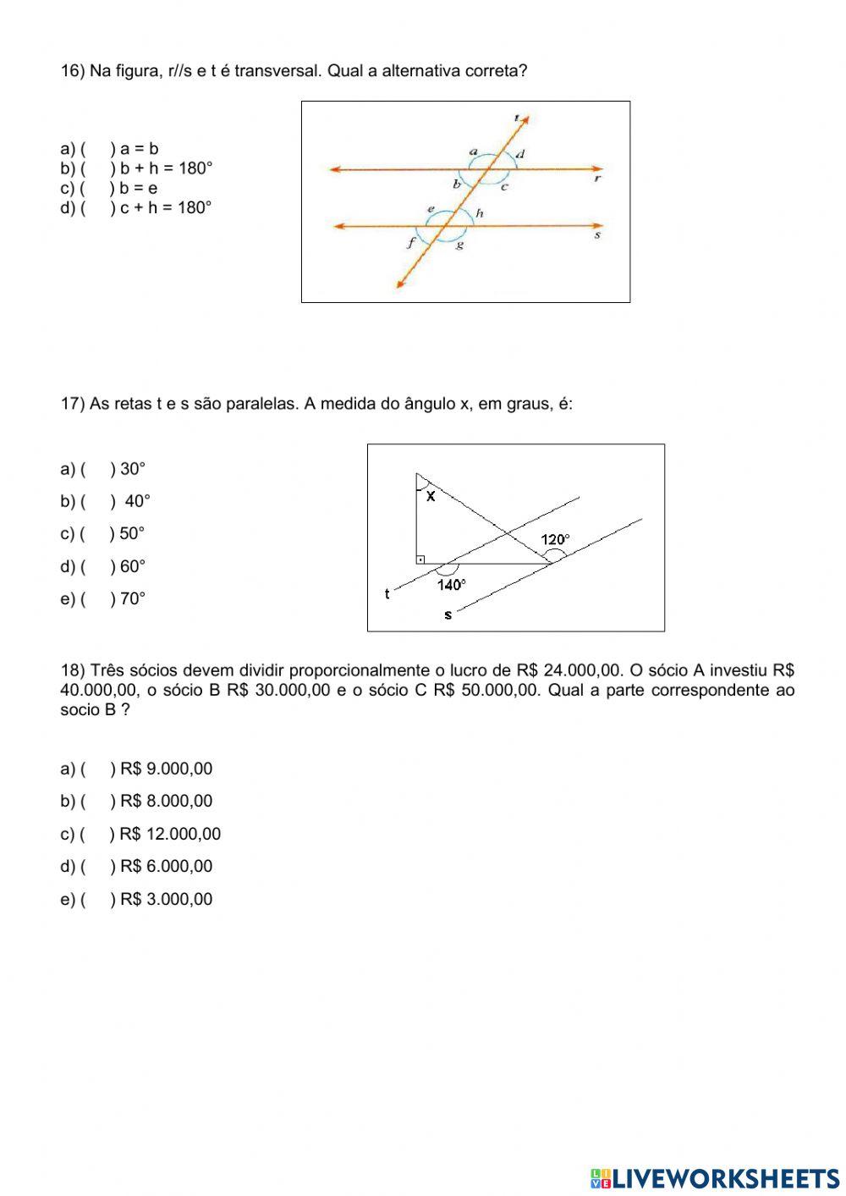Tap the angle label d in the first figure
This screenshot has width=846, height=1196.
click(x=520, y=153)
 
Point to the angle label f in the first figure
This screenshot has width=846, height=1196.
click(x=411, y=243)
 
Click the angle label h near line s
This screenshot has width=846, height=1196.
click(x=479, y=213)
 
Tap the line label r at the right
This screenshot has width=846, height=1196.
click(x=597, y=179)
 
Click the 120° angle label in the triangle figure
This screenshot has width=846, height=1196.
click(x=556, y=539)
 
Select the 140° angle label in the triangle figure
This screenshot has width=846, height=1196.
click(x=451, y=584)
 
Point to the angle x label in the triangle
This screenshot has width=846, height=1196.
click(x=431, y=497)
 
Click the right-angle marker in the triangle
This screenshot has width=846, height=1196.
click(x=420, y=559)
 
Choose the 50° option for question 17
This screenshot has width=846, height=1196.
click(x=132, y=533)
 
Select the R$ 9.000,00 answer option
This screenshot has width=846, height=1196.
click(x=166, y=769)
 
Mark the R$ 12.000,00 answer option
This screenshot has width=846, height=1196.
click(x=169, y=834)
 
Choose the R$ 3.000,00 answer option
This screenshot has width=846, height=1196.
click(x=166, y=899)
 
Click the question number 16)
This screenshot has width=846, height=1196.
click(x=73, y=71)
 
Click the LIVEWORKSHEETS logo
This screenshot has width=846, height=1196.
click(x=715, y=1177)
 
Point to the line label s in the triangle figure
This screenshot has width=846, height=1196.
click(x=448, y=615)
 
